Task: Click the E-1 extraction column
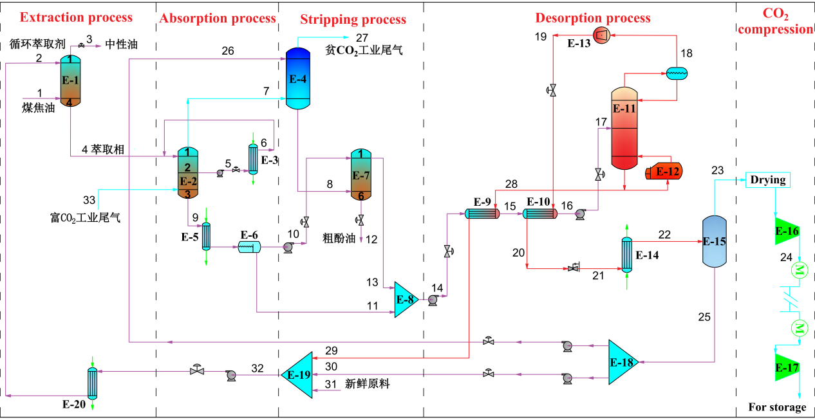(x=70, y=80)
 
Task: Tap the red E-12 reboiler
(x=664, y=172)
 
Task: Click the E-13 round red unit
(x=602, y=35)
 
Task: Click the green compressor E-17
(x=786, y=368)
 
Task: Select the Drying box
(x=767, y=180)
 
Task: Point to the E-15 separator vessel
(x=715, y=241)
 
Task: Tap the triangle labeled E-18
(x=622, y=362)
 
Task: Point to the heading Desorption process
(x=593, y=18)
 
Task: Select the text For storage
(x=777, y=407)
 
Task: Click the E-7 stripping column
(x=361, y=175)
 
